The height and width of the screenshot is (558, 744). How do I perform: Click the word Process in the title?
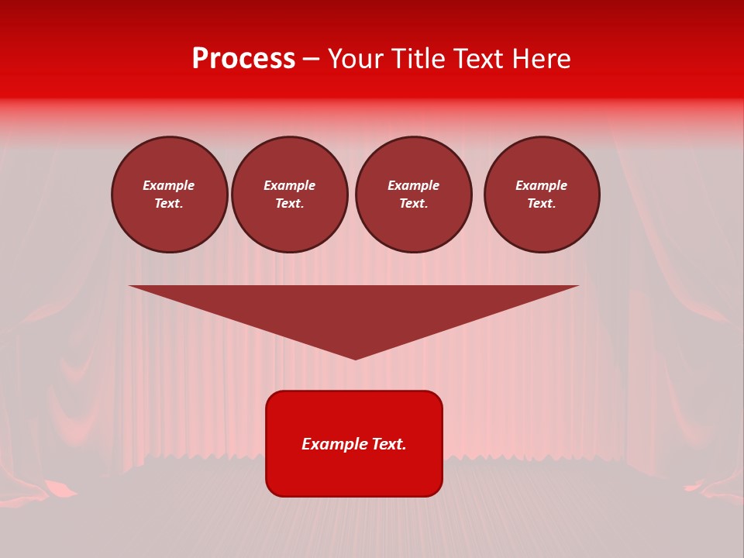243,59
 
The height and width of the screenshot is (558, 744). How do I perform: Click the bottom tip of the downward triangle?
355,357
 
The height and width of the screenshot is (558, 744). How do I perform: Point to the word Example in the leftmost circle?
169,185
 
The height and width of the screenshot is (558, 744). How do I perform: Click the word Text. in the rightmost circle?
542,203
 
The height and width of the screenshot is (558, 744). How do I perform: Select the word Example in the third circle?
414,185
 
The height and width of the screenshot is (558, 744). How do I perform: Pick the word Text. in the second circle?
290,203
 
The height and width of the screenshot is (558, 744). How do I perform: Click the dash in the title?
311,59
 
